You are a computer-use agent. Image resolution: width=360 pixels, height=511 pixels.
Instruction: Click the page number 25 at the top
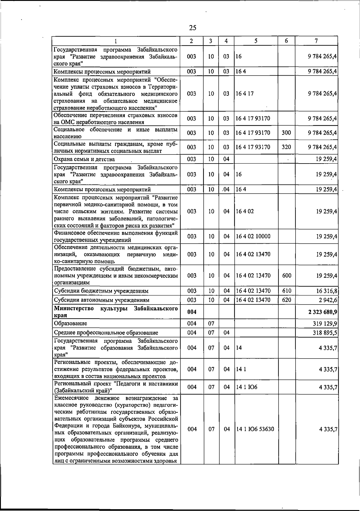click(193, 28)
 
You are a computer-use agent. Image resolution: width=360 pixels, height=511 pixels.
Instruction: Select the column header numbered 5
click(256, 41)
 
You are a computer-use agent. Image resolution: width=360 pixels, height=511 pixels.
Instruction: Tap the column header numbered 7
click(316, 41)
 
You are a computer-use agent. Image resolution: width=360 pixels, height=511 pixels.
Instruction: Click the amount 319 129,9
click(325, 323)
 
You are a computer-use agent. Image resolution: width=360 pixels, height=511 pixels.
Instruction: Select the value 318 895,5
click(325, 332)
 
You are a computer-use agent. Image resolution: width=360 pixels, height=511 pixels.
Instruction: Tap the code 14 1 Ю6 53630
click(255, 429)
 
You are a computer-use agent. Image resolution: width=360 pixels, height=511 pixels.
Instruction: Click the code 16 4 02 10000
click(253, 236)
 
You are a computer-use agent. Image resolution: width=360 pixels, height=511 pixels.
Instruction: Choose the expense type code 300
click(286, 133)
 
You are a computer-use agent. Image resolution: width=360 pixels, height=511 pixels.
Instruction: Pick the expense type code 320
click(286, 147)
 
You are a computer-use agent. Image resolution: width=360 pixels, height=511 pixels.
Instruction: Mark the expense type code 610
click(286, 291)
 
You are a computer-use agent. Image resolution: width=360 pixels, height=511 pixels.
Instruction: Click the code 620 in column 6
click(286, 300)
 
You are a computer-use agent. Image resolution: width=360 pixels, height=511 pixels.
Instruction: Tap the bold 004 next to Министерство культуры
click(192, 312)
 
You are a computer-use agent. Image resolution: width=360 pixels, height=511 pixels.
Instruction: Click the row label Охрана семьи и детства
click(84, 159)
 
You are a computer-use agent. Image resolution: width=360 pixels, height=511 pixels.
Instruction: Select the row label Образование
click(70, 323)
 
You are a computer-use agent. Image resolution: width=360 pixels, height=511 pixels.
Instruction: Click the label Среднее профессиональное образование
click(106, 333)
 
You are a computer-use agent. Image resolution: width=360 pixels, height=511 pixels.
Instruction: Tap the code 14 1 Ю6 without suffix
click(247, 387)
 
